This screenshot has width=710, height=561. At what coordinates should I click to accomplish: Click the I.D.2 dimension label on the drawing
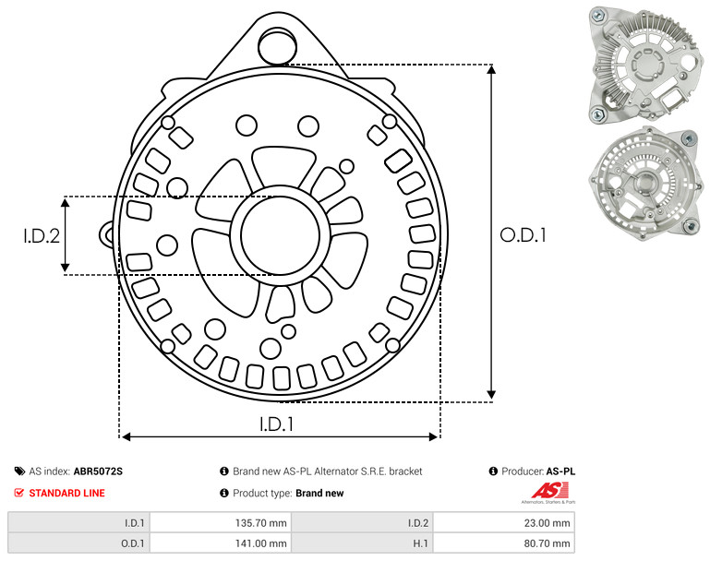tap(42, 235)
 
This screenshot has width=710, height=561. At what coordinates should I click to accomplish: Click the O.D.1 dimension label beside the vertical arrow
tap(523, 235)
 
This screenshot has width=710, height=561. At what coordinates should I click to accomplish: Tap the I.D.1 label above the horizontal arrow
tap(276, 424)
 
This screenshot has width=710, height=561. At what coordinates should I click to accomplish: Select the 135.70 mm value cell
tap(221, 523)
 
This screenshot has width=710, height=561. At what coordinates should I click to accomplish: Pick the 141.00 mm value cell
tap(221, 543)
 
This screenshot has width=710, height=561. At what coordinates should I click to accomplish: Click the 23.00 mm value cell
tap(504, 523)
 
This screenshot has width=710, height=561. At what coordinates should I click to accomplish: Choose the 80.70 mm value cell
tap(504, 543)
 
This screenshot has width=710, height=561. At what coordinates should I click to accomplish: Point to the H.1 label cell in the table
tap(362, 543)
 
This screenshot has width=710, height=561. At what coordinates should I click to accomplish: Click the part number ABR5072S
tap(98, 471)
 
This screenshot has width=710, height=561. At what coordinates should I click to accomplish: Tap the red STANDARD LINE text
tap(67, 493)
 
